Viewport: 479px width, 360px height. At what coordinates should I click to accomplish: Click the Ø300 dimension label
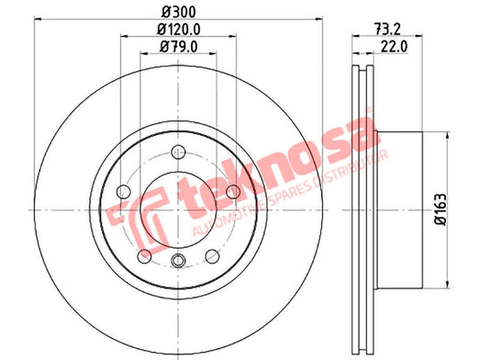[178, 12]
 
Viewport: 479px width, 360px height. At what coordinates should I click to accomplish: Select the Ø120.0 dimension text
[178, 29]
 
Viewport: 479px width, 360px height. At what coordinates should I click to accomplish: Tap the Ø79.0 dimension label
[179, 47]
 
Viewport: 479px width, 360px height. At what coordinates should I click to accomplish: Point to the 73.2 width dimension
[387, 29]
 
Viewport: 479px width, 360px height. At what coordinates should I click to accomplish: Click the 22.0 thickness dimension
[395, 47]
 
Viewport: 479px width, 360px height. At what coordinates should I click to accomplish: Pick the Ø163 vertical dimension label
[440, 209]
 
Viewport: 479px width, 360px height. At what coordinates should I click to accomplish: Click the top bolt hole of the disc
[178, 152]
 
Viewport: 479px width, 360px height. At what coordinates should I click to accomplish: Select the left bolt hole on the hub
[124, 192]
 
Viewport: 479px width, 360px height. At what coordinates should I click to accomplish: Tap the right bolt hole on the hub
[233, 192]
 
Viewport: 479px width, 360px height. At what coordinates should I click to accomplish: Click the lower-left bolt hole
[144, 256]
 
